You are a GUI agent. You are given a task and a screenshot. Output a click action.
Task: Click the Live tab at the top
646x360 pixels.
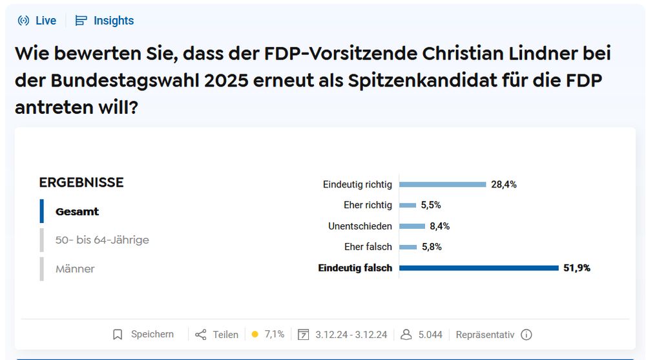[37, 21]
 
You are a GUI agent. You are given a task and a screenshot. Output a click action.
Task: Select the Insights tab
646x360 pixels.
[105, 21]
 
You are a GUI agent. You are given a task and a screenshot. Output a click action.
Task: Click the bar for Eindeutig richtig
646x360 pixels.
[443, 184]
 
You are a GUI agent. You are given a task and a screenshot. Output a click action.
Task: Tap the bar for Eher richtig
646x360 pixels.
[408, 205]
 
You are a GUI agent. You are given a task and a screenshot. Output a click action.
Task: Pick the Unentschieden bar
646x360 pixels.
[412, 226]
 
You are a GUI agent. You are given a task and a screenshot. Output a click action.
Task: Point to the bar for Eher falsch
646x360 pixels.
[408, 247]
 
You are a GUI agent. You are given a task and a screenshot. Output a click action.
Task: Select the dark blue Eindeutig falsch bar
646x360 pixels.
[479, 268]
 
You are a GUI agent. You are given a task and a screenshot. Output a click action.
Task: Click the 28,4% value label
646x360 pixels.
[504, 184]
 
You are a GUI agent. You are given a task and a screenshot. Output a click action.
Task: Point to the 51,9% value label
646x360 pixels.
[577, 268]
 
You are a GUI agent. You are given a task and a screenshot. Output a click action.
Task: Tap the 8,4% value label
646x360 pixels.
[439, 226]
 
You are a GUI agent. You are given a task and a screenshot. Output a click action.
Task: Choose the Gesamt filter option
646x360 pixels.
[77, 211]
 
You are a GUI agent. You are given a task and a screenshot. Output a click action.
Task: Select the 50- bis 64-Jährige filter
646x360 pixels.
[102, 240]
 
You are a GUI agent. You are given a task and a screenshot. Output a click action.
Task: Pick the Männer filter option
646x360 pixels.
[75, 268]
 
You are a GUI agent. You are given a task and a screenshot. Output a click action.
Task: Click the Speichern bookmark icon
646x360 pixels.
[118, 335]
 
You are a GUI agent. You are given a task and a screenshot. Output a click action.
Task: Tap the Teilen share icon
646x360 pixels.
[201, 335]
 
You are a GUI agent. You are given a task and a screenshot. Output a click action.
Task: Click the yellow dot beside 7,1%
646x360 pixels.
[255, 335]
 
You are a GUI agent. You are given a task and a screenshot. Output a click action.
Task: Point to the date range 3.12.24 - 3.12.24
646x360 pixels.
[351, 335]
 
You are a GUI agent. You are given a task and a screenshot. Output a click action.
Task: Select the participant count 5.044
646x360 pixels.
[430, 335]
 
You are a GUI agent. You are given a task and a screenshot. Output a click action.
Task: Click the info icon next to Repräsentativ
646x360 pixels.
[526, 335]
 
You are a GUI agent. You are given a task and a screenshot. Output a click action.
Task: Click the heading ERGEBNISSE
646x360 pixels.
[81, 182]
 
